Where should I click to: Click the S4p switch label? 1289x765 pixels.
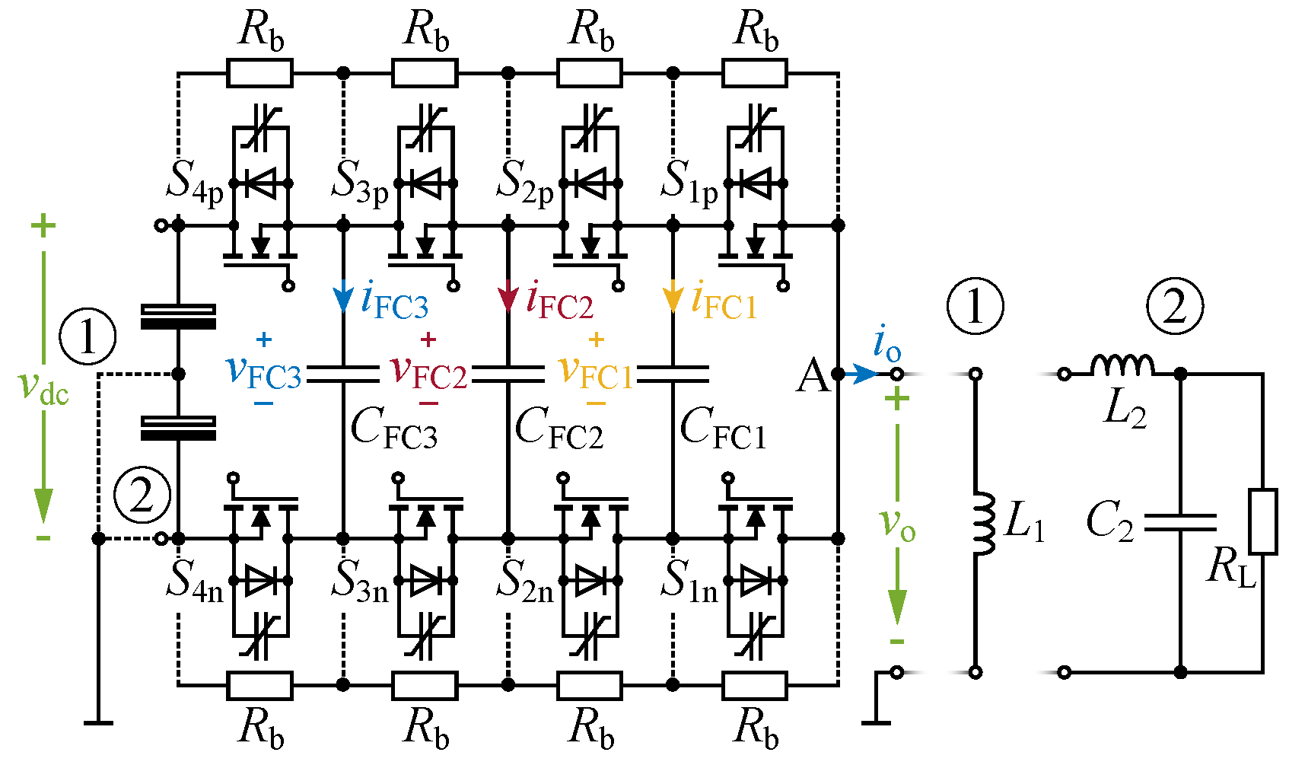[x=195, y=182]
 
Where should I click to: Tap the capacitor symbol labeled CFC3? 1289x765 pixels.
[x=342, y=374]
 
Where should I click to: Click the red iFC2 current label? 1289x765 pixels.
[x=559, y=301]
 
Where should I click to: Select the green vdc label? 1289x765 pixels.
[x=43, y=387]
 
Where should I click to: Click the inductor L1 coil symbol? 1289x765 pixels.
[x=985, y=523]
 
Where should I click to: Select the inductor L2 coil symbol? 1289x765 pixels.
[x=1122, y=365]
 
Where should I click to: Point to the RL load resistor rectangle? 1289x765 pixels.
[x=1263, y=521]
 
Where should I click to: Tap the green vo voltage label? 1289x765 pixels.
[x=897, y=524]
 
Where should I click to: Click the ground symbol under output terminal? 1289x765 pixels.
[x=877, y=722]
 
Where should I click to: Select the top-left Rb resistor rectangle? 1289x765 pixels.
[x=259, y=74]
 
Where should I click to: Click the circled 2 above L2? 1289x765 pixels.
[x=1175, y=306]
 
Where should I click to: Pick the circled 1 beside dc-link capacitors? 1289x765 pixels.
[x=88, y=336]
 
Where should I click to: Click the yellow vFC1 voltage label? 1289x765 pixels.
[x=595, y=371]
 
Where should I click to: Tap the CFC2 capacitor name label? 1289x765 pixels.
[x=559, y=429]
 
